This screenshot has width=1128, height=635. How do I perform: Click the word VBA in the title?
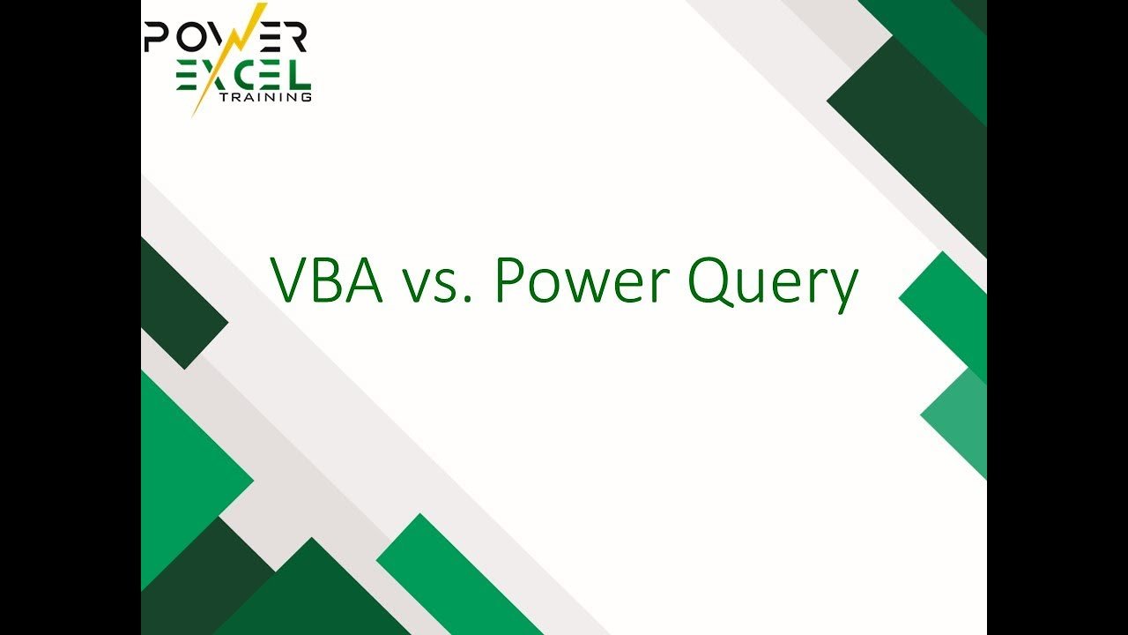(x=326, y=280)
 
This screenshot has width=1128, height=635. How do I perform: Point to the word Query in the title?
(x=773, y=285)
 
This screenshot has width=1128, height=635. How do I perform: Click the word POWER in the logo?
(x=225, y=36)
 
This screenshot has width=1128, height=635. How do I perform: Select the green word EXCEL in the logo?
(x=244, y=76)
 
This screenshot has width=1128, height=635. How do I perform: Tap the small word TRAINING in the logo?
(x=266, y=97)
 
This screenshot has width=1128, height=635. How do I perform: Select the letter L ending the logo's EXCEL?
(x=301, y=76)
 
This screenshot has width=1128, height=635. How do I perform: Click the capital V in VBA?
(x=291, y=280)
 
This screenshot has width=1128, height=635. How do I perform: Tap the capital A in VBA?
(x=364, y=280)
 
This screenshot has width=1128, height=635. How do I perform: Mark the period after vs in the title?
(x=468, y=299)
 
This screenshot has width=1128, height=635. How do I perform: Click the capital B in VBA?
(x=329, y=280)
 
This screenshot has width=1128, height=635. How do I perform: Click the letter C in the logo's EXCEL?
(x=239, y=76)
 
